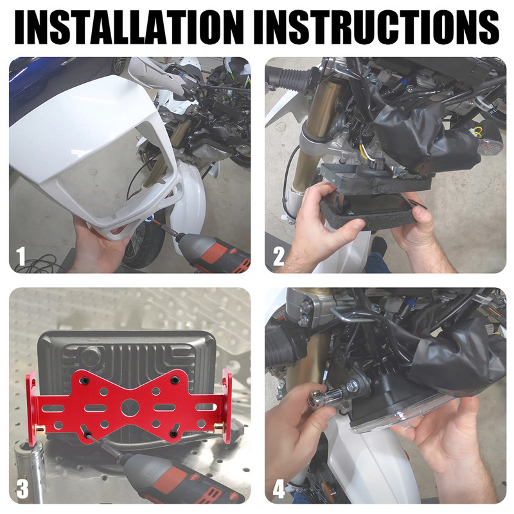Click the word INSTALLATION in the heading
point(129,28)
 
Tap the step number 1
point(21,256)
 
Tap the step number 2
point(278,256)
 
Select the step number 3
point(22,489)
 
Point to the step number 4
point(279,489)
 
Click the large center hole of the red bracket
point(129,407)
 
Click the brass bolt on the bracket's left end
point(40,428)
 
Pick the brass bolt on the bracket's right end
point(218,427)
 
